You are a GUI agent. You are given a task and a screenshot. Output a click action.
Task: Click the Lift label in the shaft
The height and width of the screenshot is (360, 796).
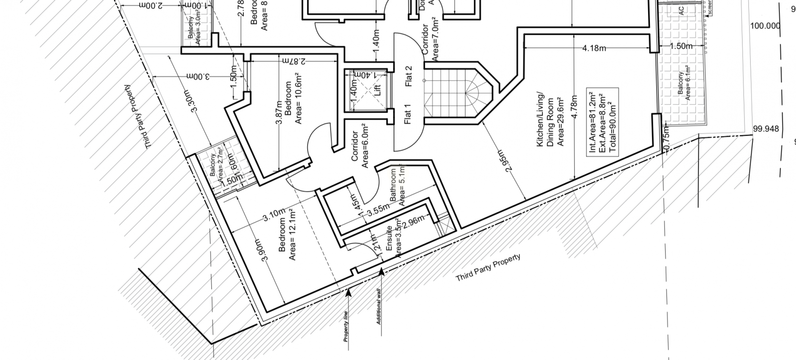coord(377,90)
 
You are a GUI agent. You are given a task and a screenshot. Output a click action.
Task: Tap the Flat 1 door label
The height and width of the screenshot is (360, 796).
coord(408,114)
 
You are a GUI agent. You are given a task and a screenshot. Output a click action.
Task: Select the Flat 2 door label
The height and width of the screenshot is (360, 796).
coord(408,76)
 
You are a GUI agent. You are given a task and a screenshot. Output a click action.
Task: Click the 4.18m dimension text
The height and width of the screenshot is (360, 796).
coord(594,48)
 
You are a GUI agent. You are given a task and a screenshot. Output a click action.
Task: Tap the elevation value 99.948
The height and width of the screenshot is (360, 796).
coord(766,129)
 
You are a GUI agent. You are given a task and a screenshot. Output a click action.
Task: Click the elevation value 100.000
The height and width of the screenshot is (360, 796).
coord(765,26)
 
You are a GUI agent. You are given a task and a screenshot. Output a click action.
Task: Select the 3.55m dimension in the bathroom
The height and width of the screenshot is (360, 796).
coord(378,208)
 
